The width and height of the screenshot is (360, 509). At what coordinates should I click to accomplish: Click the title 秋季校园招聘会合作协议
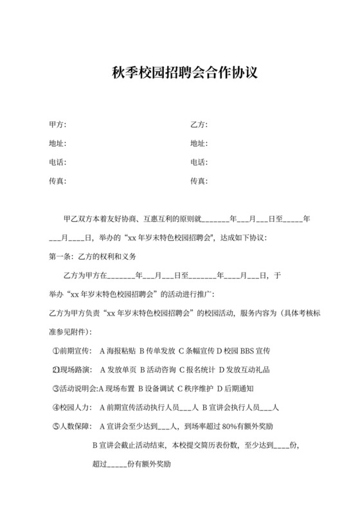click(x=180, y=73)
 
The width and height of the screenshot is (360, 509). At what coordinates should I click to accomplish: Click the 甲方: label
click(x=58, y=124)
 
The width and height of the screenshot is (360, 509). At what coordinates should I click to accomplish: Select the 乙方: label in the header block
click(x=199, y=124)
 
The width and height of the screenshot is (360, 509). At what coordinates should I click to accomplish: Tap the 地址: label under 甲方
click(x=58, y=143)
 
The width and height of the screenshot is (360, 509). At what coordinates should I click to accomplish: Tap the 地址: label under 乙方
click(x=199, y=143)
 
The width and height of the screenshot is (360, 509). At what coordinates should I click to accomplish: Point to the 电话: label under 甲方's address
click(x=58, y=163)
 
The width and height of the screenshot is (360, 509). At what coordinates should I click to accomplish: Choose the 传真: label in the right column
click(x=199, y=182)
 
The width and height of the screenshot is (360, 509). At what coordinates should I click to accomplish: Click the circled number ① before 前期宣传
click(x=55, y=352)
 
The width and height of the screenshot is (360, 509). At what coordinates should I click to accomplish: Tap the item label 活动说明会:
click(x=79, y=389)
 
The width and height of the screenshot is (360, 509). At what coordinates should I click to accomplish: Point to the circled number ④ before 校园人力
click(x=55, y=407)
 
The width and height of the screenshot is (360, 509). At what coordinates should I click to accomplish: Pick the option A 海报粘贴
click(x=114, y=352)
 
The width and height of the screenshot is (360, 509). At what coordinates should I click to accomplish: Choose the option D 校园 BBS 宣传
click(x=251, y=352)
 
